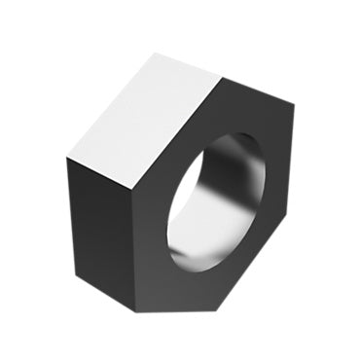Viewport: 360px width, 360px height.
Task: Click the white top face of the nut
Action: [x=146, y=122]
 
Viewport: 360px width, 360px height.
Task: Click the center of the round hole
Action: [x=216, y=202]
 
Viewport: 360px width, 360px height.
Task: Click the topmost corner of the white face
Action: [x=157, y=53]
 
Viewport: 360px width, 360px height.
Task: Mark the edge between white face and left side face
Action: [x=101, y=171]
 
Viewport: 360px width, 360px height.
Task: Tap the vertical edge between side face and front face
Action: [x=135, y=248]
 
